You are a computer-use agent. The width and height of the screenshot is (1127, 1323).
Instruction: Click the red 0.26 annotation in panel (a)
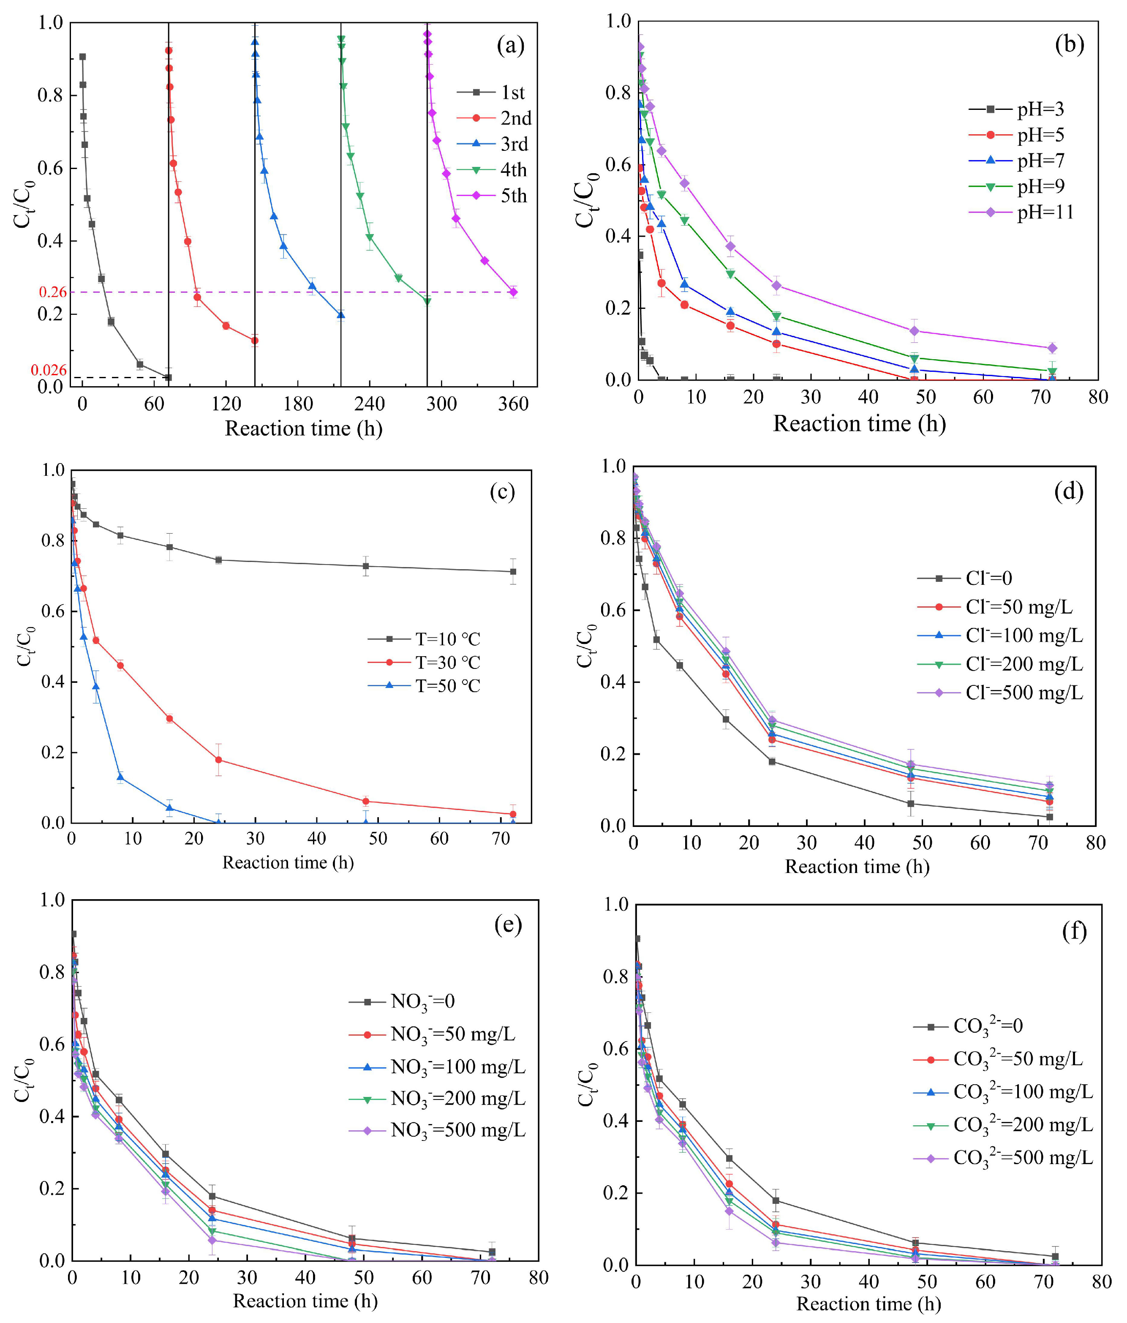click(x=53, y=292)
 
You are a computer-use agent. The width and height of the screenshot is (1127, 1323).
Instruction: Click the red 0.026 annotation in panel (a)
click(x=49, y=370)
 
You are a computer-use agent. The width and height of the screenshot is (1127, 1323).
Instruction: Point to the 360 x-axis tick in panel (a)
click(x=513, y=404)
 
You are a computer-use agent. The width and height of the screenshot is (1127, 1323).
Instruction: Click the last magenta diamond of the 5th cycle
click(x=513, y=292)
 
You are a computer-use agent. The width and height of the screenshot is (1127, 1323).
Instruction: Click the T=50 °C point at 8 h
click(x=120, y=777)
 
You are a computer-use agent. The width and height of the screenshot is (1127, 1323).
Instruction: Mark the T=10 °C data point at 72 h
click(x=513, y=571)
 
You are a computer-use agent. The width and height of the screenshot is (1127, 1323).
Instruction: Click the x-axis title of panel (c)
click(x=288, y=862)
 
